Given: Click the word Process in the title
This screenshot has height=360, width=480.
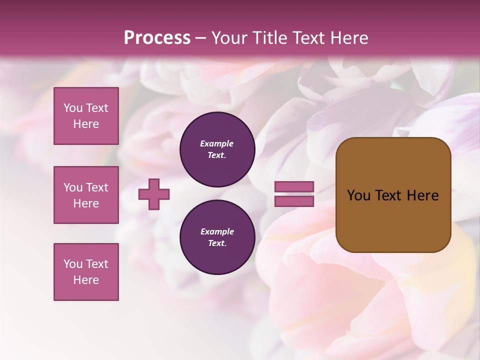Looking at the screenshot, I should tap(157, 38).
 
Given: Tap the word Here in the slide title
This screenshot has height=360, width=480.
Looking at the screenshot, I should tap(348, 38).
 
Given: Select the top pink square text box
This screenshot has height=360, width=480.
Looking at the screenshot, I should tap(86, 116).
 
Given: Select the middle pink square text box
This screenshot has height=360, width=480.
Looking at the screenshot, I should tap(86, 195).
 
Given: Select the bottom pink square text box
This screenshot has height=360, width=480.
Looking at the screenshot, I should tap(86, 272).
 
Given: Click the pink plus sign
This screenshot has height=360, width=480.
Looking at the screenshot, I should tap(154, 194).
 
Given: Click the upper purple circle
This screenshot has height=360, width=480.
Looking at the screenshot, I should tap(217, 149).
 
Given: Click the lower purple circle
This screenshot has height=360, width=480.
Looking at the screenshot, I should tap(217, 237).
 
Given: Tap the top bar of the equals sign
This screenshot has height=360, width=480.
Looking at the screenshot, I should tap(294, 187).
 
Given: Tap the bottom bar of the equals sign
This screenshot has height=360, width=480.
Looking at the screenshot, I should tap(294, 201).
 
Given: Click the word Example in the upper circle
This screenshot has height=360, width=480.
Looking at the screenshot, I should tap(217, 143).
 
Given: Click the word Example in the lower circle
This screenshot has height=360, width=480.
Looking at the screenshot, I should tap(217, 231).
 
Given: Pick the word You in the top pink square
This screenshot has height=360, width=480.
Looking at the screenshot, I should tap(73, 108).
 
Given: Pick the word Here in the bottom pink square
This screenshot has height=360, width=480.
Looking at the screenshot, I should tap(86, 280).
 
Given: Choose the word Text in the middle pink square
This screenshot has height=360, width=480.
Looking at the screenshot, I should tap(97, 187).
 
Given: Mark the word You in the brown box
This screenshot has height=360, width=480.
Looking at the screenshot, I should tap(359, 195).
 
